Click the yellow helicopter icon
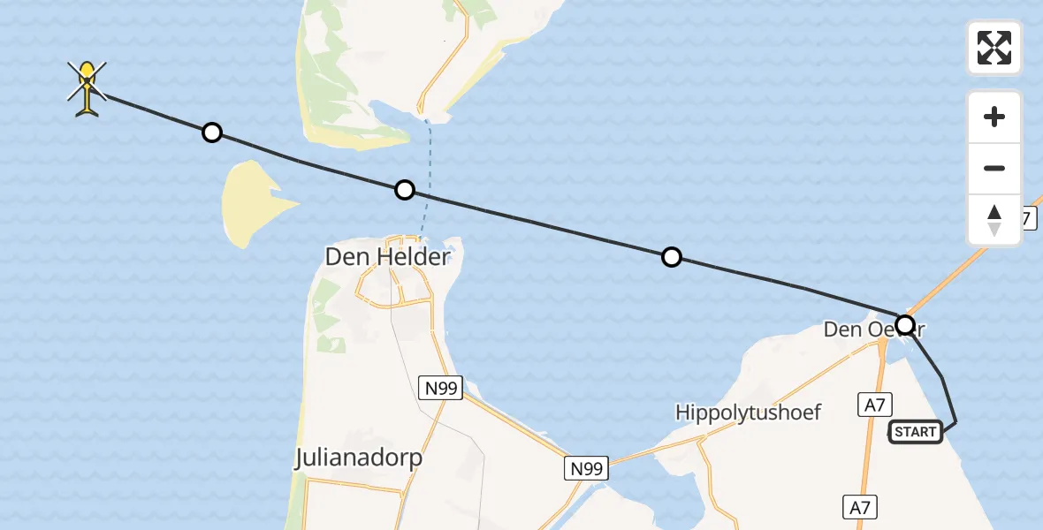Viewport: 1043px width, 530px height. tap(87, 88)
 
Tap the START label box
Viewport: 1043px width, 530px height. tap(915, 432)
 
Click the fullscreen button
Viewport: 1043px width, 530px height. tap(994, 48)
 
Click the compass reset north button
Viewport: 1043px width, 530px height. tap(994, 220)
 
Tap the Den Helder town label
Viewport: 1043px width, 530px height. tap(388, 257)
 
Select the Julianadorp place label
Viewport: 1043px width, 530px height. tap(358, 458)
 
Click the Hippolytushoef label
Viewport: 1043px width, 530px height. tap(749, 413)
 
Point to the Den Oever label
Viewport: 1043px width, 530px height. tap(862, 329)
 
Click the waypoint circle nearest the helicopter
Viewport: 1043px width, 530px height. tap(212, 132)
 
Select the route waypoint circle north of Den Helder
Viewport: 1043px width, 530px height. tap(404, 189)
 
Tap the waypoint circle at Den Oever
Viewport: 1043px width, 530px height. tap(905, 324)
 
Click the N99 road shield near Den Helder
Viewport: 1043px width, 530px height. tap(440, 386)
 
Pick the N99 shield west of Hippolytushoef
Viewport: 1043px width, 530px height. tap(587, 468)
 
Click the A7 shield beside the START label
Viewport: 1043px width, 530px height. tap(875, 405)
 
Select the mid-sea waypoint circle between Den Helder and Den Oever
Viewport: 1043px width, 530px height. tap(672, 257)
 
